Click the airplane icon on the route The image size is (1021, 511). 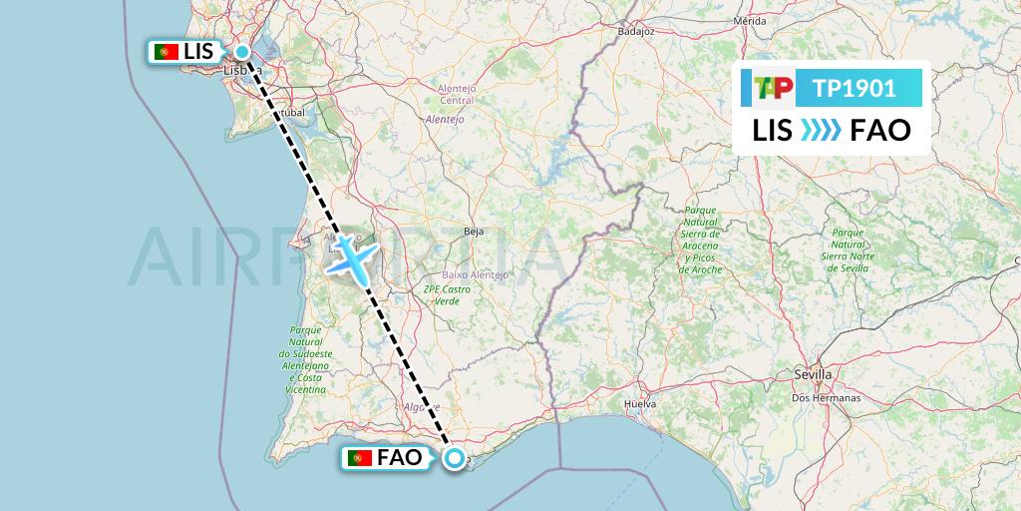pos(352,256)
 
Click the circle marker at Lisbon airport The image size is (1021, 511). pos(242,52)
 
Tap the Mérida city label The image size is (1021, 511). pos(749,20)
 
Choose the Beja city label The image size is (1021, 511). pos(474,231)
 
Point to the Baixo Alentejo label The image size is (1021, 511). pos(475,274)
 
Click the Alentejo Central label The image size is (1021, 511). pos(456,94)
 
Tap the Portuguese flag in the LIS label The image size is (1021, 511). pos(167,52)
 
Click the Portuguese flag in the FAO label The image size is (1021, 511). pos(361,458)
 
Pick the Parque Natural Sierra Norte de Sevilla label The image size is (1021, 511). pos(848,243)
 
